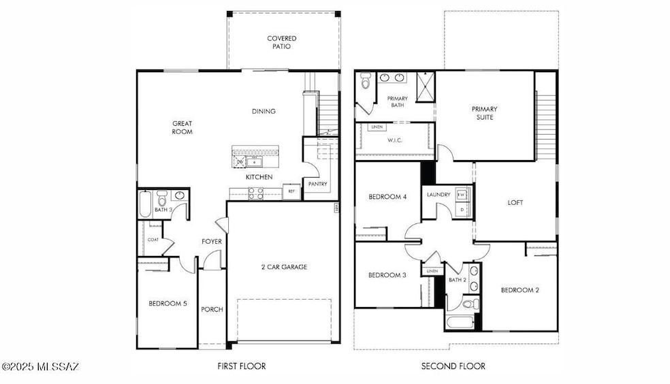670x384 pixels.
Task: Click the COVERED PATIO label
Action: point(282,43)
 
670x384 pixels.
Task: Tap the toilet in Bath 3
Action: point(163,199)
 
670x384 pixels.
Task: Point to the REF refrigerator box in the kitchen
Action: point(291,192)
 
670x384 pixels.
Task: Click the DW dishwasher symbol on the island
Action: point(240,161)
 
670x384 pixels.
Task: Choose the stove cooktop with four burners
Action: point(255,194)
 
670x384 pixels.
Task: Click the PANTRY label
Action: point(317,184)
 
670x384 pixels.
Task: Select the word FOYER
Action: point(212,242)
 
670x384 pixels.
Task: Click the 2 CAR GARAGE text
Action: point(284,267)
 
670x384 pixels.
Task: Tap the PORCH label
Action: point(212,309)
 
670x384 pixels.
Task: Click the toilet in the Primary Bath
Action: point(365,82)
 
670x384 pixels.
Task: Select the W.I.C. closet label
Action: point(396,141)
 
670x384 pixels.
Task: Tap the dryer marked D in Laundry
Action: point(462,209)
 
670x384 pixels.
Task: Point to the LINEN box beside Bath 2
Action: point(432,271)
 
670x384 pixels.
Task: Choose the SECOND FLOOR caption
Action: point(453,366)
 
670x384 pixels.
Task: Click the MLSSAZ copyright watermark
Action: point(40,367)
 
